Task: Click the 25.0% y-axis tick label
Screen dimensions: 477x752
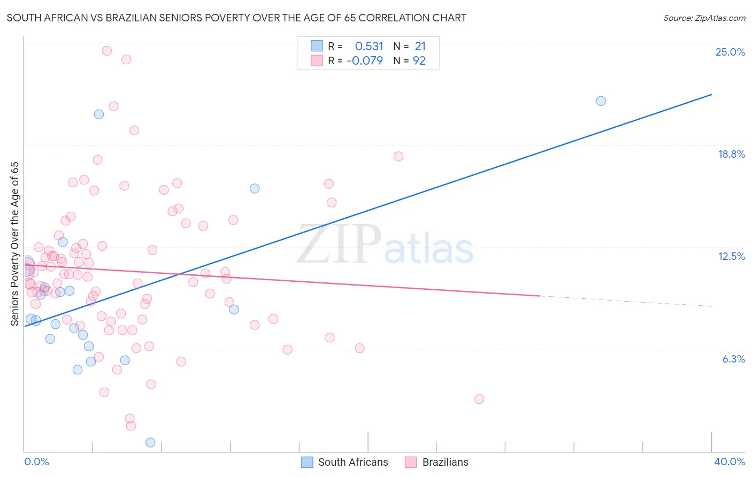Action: click(x=730, y=52)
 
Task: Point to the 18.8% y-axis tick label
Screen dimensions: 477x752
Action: click(x=731, y=154)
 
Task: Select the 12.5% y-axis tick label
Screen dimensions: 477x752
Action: click(x=731, y=256)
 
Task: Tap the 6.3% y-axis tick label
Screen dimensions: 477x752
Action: click(x=733, y=359)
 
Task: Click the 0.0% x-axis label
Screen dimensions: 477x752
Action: click(x=36, y=461)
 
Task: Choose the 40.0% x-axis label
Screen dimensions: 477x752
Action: click(x=729, y=461)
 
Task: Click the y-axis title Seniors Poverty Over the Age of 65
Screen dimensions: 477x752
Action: click(x=14, y=244)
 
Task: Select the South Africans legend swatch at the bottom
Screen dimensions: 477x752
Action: click(x=307, y=462)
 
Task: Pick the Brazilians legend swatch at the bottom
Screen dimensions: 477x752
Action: click(x=411, y=462)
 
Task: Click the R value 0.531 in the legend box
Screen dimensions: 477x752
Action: click(x=369, y=46)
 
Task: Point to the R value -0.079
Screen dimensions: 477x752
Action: click(x=365, y=61)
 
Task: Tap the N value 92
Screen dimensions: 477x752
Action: click(x=419, y=61)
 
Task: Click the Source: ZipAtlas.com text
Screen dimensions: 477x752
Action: click(x=704, y=18)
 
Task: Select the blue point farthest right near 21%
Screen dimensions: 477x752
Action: click(x=601, y=101)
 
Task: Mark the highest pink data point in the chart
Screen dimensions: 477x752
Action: click(x=107, y=51)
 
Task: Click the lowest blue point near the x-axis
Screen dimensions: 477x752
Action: click(x=150, y=442)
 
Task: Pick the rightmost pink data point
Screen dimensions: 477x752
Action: click(x=479, y=399)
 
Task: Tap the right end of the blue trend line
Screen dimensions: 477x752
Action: click(x=711, y=95)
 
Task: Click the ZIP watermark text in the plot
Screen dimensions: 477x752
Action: click(x=339, y=244)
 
